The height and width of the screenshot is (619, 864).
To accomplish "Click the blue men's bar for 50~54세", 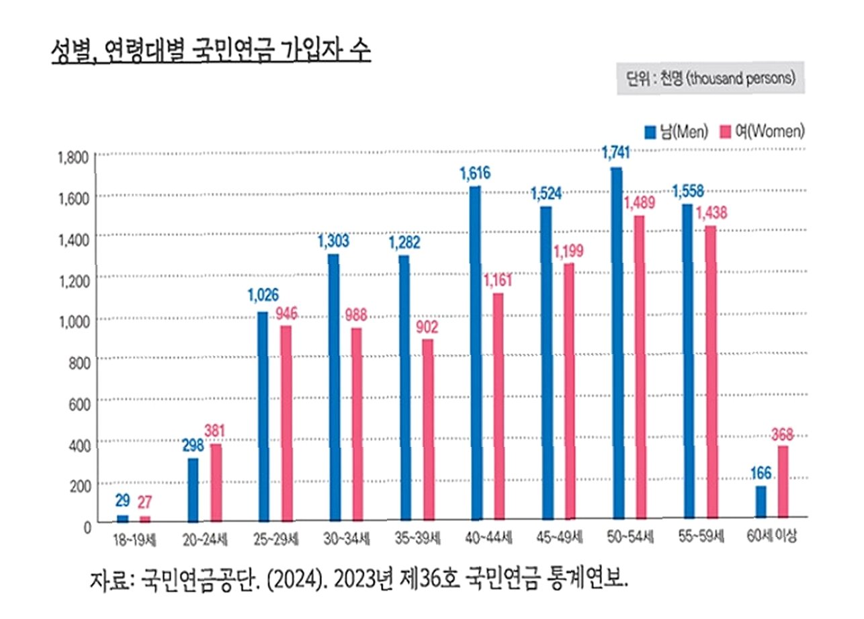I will coord(616,343).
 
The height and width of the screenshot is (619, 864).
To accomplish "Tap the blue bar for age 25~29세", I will coord(262,417).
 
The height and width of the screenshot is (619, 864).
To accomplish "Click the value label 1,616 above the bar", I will coord(475,173).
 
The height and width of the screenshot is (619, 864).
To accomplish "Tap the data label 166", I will coord(760,473).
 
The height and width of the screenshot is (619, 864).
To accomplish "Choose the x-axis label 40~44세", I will coord(486,538).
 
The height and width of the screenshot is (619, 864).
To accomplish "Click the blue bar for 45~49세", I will coord(546,363).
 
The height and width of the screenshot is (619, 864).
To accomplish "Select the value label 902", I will coord(427,327).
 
